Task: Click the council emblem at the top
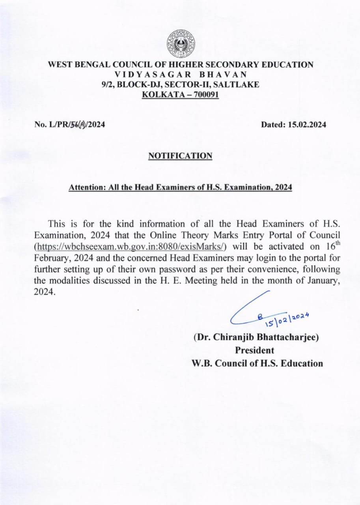click(x=180, y=43)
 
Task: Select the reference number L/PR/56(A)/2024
click(x=70, y=125)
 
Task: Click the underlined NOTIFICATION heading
click(x=180, y=156)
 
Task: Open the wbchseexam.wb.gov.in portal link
click(x=131, y=247)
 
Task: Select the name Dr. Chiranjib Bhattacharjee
click(x=256, y=337)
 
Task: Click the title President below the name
click(x=254, y=350)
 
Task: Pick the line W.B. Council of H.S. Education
click(x=257, y=363)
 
